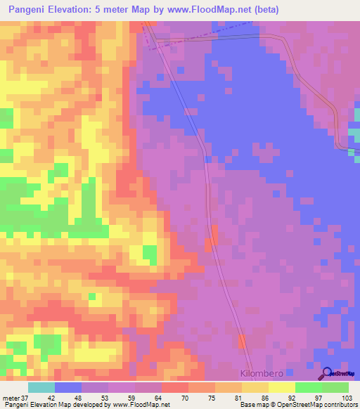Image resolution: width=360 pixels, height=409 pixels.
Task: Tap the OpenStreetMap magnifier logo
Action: (x=328, y=373)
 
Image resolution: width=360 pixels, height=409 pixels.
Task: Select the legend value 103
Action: (x=347, y=398)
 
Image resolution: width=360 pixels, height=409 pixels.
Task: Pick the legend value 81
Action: (x=241, y=398)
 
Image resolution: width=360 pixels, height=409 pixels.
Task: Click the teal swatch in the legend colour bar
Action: (x=41, y=387)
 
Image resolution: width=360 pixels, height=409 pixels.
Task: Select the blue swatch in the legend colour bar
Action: (x=68, y=387)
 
